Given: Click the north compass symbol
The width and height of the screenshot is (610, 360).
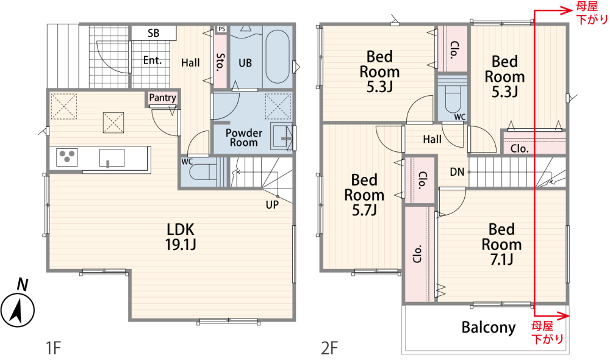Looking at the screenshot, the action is [x=18, y=310].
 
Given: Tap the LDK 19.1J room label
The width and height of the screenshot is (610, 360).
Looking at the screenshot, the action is [x=181, y=237].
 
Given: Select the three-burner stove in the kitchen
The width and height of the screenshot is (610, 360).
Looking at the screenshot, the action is [x=67, y=157].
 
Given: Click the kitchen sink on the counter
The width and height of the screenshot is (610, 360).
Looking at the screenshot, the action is [x=112, y=158].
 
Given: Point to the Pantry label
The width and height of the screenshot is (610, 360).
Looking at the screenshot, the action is [x=163, y=97].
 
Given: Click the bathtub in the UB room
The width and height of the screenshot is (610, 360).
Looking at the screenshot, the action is [x=277, y=57].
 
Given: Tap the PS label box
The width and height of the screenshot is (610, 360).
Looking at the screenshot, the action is [x=221, y=29].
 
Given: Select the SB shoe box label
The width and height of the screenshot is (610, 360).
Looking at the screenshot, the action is [x=153, y=33].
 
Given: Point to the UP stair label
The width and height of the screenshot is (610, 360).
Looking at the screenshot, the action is [x=272, y=204].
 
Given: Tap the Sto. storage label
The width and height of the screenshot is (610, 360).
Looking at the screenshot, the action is [x=220, y=62].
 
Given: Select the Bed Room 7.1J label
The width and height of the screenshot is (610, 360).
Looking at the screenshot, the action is [x=501, y=244].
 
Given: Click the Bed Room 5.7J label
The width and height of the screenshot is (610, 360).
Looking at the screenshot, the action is [x=364, y=195].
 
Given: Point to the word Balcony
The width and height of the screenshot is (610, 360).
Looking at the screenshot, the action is [x=489, y=327].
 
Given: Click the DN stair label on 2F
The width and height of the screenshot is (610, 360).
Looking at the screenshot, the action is [x=457, y=171].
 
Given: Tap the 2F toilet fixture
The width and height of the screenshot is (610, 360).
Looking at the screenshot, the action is [x=453, y=96].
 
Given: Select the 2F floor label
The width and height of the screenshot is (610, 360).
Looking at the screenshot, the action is [x=329, y=348].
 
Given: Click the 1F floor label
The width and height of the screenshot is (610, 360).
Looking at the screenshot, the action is [x=53, y=348].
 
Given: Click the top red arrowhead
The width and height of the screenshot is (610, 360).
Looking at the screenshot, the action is [x=566, y=10].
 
